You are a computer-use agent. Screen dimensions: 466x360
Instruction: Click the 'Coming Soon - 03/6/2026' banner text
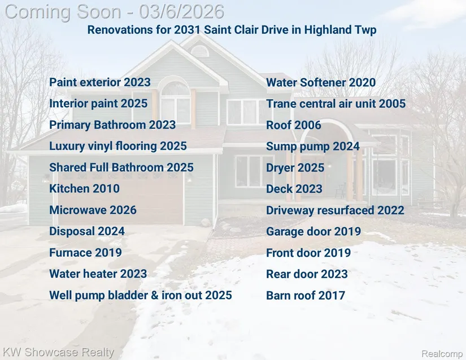pyautogui.click(x=115, y=12)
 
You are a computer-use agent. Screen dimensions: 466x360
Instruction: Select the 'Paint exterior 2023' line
pyautogui.click(x=100, y=82)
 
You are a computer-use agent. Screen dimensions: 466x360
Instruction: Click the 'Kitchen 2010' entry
pyautogui.click(x=84, y=188)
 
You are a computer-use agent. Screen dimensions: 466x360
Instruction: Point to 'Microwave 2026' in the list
pyautogui.click(x=93, y=210)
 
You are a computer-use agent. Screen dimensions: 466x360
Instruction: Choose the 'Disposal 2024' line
pyautogui.click(x=87, y=231)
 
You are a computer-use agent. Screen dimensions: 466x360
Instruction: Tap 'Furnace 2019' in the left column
pyautogui.click(x=85, y=253)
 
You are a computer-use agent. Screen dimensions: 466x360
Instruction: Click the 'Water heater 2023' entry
pyautogui.click(x=98, y=274)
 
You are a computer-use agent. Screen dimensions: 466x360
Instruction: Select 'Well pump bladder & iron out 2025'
pyautogui.click(x=141, y=295)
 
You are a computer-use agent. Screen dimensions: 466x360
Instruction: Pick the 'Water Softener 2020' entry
pyautogui.click(x=321, y=82)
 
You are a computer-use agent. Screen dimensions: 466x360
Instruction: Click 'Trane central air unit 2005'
pyautogui.click(x=336, y=104)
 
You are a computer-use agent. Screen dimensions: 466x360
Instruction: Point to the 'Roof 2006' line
pyautogui.click(x=294, y=125)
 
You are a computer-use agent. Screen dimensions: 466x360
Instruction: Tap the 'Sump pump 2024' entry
pyautogui.click(x=313, y=146)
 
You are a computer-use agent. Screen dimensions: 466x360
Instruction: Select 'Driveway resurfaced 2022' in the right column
pyautogui.click(x=335, y=210)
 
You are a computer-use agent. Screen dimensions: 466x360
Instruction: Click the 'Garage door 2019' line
pyautogui.click(x=313, y=231)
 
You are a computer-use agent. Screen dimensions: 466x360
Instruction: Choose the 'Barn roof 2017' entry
pyautogui.click(x=306, y=295)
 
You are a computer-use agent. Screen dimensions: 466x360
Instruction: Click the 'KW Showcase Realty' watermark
pyautogui.click(x=59, y=352)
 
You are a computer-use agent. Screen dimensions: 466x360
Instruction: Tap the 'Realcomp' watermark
pyautogui.click(x=442, y=354)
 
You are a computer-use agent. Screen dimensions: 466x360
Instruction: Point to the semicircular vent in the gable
pyautogui.click(x=199, y=50)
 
